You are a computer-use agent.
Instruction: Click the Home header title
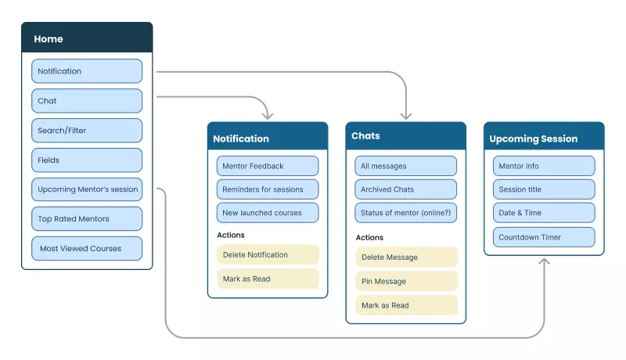(49, 39)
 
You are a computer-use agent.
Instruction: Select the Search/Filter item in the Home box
(87, 131)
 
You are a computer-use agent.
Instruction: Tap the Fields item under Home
(87, 160)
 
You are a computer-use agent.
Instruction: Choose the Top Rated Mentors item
(87, 219)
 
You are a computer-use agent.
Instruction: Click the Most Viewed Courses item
(87, 249)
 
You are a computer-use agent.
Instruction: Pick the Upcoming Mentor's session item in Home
(87, 189)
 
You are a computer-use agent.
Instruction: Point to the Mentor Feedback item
(268, 166)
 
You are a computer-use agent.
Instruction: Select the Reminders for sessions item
(268, 189)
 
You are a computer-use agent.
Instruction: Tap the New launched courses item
(268, 213)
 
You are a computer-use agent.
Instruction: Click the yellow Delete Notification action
(268, 254)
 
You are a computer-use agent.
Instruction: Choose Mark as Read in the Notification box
(268, 279)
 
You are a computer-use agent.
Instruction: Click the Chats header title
(365, 136)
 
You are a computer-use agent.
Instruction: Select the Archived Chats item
(405, 189)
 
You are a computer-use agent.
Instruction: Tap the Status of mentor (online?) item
(405, 213)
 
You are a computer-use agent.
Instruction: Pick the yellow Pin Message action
(405, 281)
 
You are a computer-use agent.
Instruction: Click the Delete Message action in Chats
(405, 257)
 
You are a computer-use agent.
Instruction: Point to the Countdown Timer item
(544, 237)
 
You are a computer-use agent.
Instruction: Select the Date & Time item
(544, 213)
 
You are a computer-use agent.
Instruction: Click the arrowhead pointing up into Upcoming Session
(544, 261)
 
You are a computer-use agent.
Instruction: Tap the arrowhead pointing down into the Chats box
(406, 116)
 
